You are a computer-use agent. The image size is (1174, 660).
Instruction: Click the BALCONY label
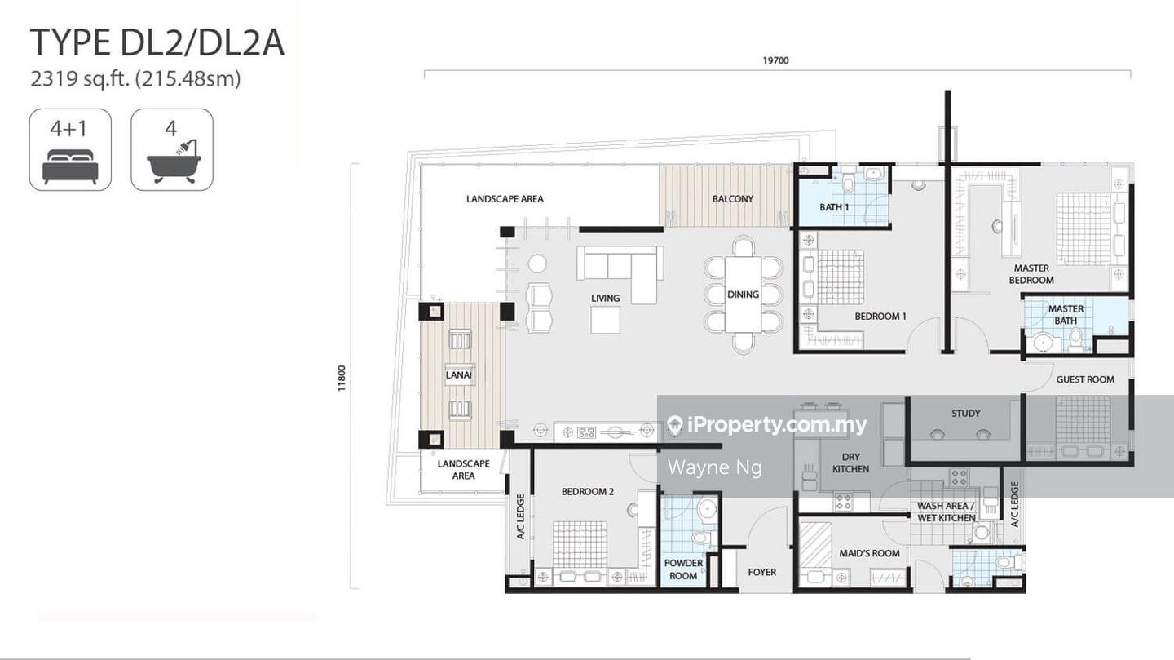(x=732, y=199)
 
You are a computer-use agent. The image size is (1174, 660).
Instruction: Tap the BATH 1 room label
(x=834, y=207)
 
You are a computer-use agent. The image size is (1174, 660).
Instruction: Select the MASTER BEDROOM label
(x=1031, y=274)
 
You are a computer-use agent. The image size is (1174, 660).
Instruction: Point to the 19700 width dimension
(x=775, y=60)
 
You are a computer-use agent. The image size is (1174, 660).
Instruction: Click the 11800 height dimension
(x=341, y=379)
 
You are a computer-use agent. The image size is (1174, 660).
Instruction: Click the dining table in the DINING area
(x=744, y=295)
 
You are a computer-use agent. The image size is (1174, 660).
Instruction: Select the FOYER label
(x=761, y=572)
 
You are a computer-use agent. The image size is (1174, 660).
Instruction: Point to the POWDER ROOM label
(x=683, y=569)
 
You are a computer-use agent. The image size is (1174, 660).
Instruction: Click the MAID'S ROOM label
(x=869, y=553)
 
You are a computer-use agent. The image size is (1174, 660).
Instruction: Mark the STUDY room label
(x=965, y=414)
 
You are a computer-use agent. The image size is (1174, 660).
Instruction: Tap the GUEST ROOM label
(x=1085, y=379)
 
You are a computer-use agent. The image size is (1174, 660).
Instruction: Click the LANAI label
(x=458, y=375)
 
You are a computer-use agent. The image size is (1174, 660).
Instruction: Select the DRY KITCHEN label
(x=850, y=463)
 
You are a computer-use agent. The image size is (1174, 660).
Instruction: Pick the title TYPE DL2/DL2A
(x=157, y=42)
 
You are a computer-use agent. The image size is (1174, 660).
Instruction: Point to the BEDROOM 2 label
(x=588, y=492)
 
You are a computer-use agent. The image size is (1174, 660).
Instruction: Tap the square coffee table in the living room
(x=605, y=320)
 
